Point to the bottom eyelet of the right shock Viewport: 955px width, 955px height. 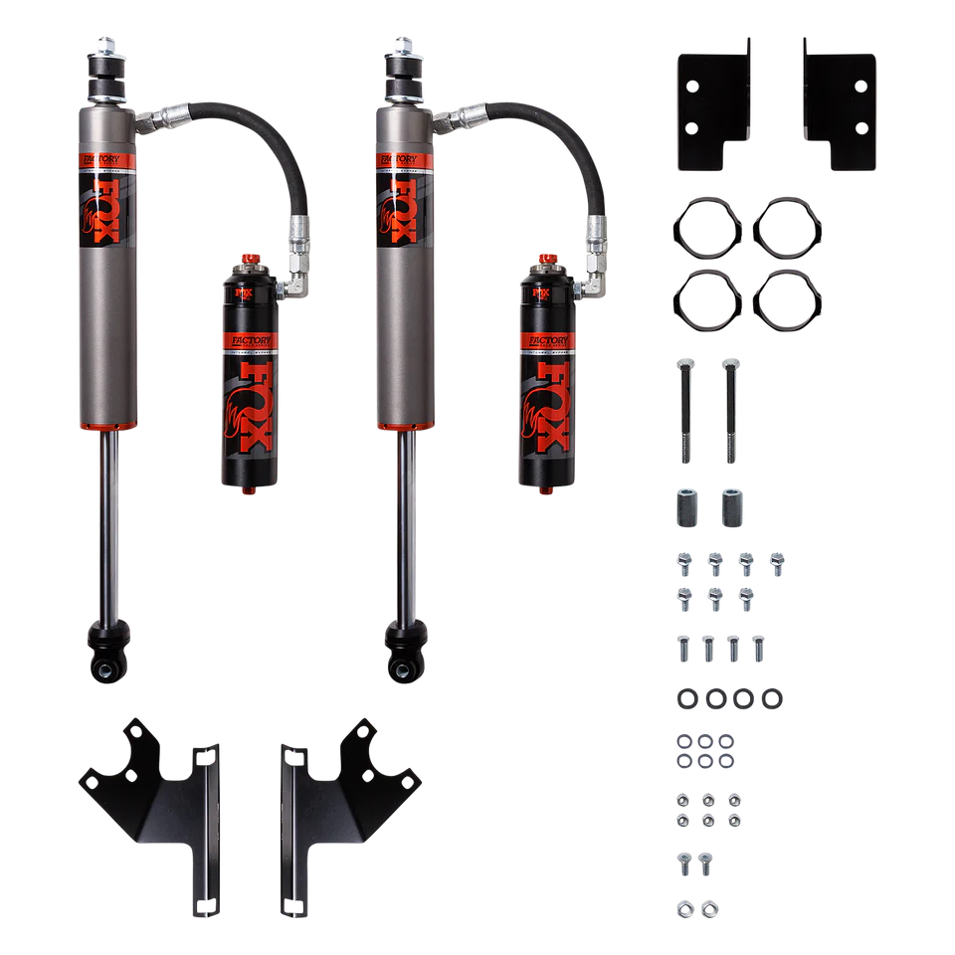click(406, 663)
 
